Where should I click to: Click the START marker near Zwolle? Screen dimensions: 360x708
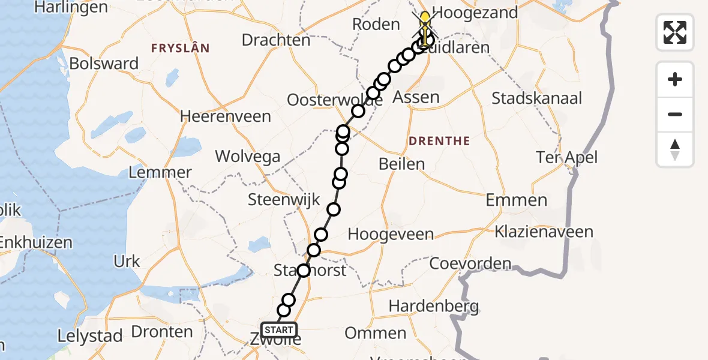pyautogui.click(x=279, y=329)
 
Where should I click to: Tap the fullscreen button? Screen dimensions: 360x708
pyautogui.click(x=675, y=32)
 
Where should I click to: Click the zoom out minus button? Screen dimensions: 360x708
pyautogui.click(x=675, y=114)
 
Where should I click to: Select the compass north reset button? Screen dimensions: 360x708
pyautogui.click(x=675, y=149)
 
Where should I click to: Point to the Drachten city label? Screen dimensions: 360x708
pyautogui.click(x=276, y=40)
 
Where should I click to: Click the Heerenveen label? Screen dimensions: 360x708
pyautogui.click(x=226, y=116)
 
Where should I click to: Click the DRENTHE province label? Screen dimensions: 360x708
pyautogui.click(x=439, y=142)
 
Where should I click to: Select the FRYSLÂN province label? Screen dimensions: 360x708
pyautogui.click(x=180, y=48)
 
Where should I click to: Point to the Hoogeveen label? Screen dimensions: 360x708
pyautogui.click(x=391, y=234)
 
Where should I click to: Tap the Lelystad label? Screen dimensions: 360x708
pyautogui.click(x=91, y=336)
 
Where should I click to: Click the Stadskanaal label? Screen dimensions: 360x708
pyautogui.click(x=536, y=98)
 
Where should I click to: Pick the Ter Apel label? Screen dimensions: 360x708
pyautogui.click(x=566, y=158)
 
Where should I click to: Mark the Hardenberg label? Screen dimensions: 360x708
pyautogui.click(x=433, y=307)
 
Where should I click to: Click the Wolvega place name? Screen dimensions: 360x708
pyautogui.click(x=247, y=157)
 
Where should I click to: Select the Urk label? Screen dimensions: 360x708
pyautogui.click(x=127, y=261)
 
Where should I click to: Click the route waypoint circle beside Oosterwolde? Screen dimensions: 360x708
pyautogui.click(x=358, y=111)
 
